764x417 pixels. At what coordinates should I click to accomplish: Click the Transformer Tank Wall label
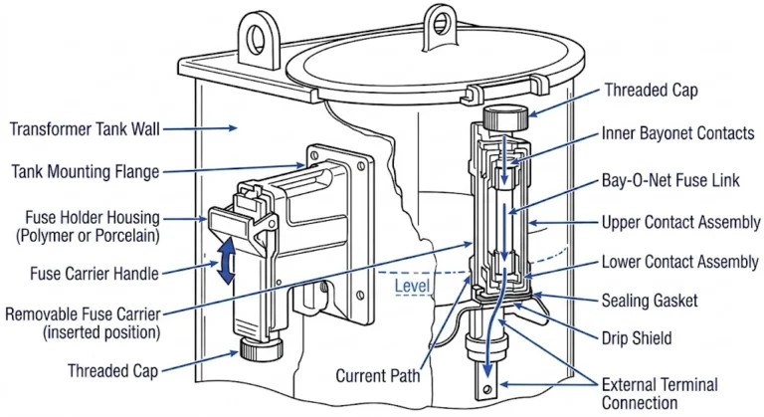pos(84,128)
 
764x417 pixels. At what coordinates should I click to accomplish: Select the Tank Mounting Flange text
pos(85,172)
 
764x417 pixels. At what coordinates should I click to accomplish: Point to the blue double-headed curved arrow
pos(228,262)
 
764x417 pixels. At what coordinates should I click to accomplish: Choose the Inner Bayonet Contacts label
pos(676,133)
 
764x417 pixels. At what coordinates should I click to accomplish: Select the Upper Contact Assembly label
pos(681,221)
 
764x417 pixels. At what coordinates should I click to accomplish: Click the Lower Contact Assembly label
pos(681,262)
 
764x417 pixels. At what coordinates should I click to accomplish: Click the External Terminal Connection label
pos(660,393)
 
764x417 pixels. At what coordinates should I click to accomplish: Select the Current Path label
pos(377,376)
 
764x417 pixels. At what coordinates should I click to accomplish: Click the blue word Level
pos(412,289)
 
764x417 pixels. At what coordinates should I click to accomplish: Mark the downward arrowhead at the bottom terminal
pos(486,389)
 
